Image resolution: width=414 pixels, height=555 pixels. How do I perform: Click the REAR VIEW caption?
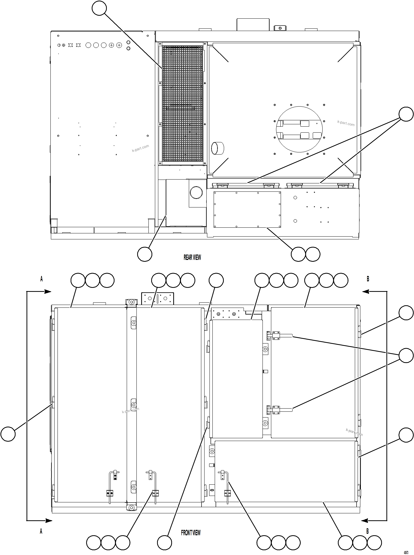(192, 257)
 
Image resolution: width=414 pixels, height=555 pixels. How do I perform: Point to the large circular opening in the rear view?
(299, 129)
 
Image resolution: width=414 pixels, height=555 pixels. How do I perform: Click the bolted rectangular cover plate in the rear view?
(247, 209)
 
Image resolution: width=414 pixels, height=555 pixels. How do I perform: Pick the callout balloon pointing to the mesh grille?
(99, 8)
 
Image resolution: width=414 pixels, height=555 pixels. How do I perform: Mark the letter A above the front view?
(42, 279)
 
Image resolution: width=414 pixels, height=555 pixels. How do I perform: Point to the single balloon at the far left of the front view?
(8, 434)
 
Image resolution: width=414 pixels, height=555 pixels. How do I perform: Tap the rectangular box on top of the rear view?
(253, 24)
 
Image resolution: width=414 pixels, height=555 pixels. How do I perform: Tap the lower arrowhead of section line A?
(49, 520)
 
